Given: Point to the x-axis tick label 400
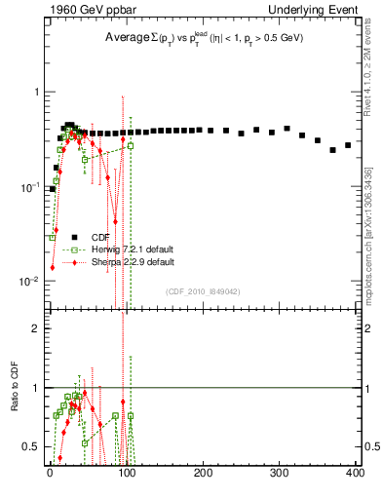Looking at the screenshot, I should click(x=355, y=473).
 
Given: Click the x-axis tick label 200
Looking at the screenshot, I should click(x=203, y=473).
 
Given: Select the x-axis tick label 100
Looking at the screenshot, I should click(x=126, y=473).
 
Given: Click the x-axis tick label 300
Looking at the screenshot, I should click(x=279, y=473).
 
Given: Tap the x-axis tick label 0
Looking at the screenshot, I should click(x=50, y=473).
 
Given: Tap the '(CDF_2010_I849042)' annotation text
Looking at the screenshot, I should click(x=201, y=290).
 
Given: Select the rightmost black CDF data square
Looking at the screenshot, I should click(x=348, y=145).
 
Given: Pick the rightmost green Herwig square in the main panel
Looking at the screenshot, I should click(x=131, y=146).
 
